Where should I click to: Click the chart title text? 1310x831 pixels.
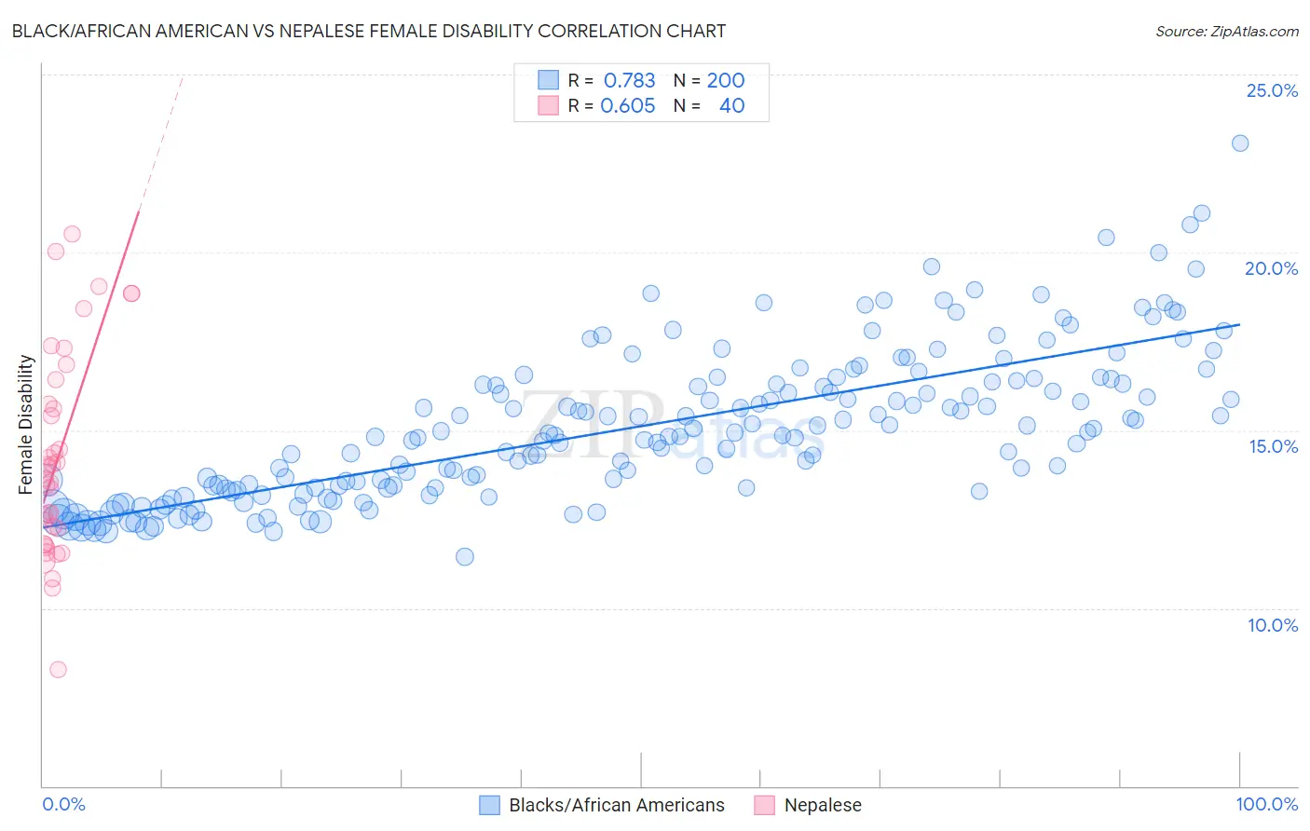[368, 31]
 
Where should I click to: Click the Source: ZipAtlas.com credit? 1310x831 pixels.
[1226, 31]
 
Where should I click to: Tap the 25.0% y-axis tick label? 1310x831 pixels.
[1272, 90]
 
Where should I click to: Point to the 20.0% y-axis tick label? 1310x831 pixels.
[1272, 268]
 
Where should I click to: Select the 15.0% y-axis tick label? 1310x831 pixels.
[1272, 446]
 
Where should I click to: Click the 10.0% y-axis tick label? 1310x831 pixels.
[1272, 625]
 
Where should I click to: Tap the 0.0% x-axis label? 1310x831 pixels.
[63, 804]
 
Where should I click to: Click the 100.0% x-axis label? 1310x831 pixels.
[1266, 804]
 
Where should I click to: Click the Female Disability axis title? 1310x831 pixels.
[26, 424]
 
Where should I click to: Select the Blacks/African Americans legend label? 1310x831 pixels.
[616, 805]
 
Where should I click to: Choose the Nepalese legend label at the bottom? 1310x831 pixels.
[823, 805]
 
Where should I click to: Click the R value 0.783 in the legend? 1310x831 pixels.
[629, 80]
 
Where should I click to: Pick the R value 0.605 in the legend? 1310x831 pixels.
[627, 106]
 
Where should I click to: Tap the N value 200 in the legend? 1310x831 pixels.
[725, 80]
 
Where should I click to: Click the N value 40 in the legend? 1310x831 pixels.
[731, 106]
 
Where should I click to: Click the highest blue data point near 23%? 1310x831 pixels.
[1239, 143]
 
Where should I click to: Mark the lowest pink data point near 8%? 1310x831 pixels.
[58, 669]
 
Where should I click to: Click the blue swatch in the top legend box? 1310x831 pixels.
[548, 80]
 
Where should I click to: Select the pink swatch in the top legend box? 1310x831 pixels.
[548, 106]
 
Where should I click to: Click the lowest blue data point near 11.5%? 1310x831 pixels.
[464, 556]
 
